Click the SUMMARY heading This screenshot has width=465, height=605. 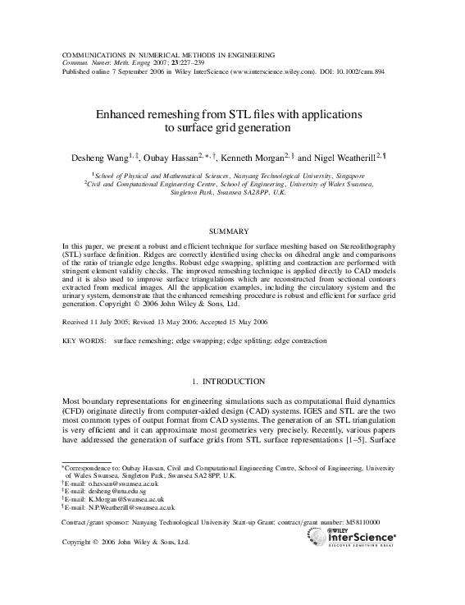[x=232, y=231]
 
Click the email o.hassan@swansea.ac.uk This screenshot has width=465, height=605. [x=111, y=484]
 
